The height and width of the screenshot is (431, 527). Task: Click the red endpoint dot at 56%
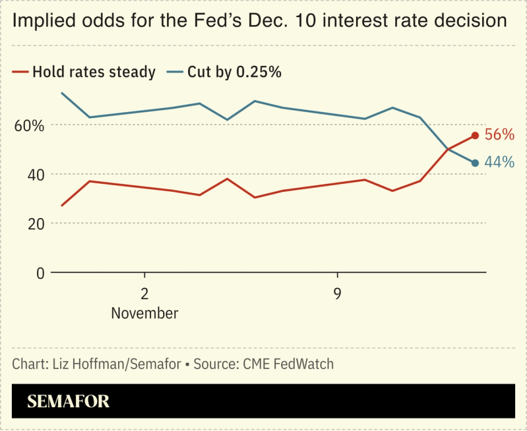pos(475,135)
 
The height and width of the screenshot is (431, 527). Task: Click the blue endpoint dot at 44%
pos(475,163)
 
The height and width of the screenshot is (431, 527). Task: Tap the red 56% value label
pos(499,134)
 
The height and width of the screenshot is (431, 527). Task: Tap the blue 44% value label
pos(499,162)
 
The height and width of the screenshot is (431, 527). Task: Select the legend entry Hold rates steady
pos(94,72)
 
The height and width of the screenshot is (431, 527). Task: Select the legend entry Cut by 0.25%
pos(234,72)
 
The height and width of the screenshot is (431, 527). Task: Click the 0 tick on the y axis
pos(40,273)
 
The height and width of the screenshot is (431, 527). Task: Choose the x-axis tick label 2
pos(144,293)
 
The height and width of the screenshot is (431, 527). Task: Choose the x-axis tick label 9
pos(337,293)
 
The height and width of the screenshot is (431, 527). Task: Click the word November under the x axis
pos(144,313)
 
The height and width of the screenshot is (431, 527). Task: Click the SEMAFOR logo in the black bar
pos(68,401)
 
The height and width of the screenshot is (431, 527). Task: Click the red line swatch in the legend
pos(20,72)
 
